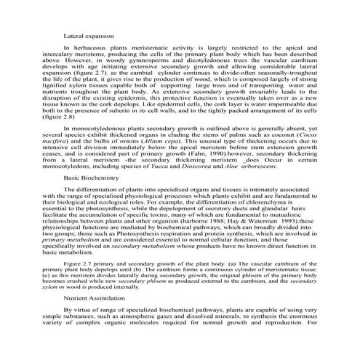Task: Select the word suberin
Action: pyautogui.click(x=133, y=129)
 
